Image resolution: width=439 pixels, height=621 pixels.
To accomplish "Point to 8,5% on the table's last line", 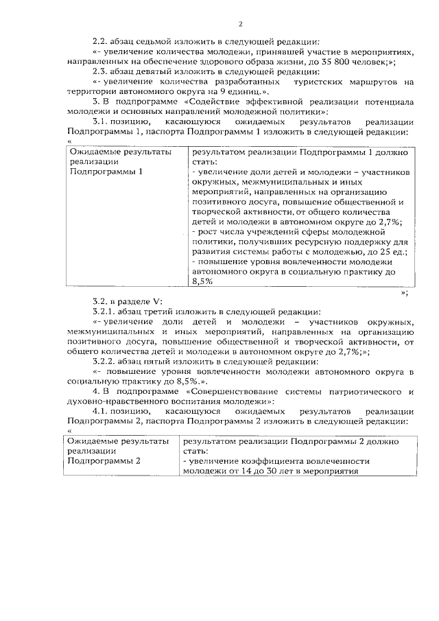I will pyautogui.click(x=203, y=281).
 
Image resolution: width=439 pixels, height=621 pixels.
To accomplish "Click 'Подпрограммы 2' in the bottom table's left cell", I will pyautogui.click(x=104, y=460).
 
